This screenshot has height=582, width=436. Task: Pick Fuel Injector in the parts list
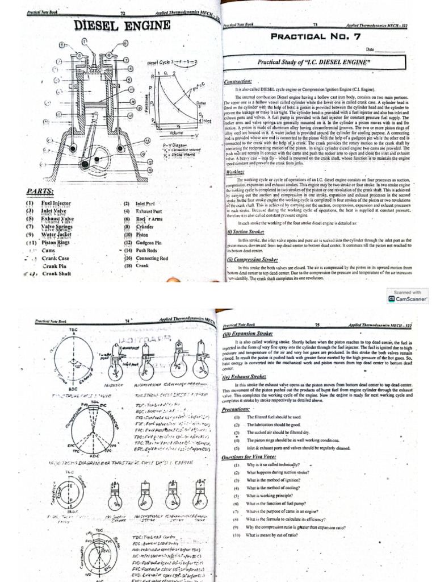click(x=54, y=203)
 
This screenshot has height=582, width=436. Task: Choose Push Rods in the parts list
click(x=149, y=250)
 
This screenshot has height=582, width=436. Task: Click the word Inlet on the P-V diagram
click(x=207, y=120)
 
